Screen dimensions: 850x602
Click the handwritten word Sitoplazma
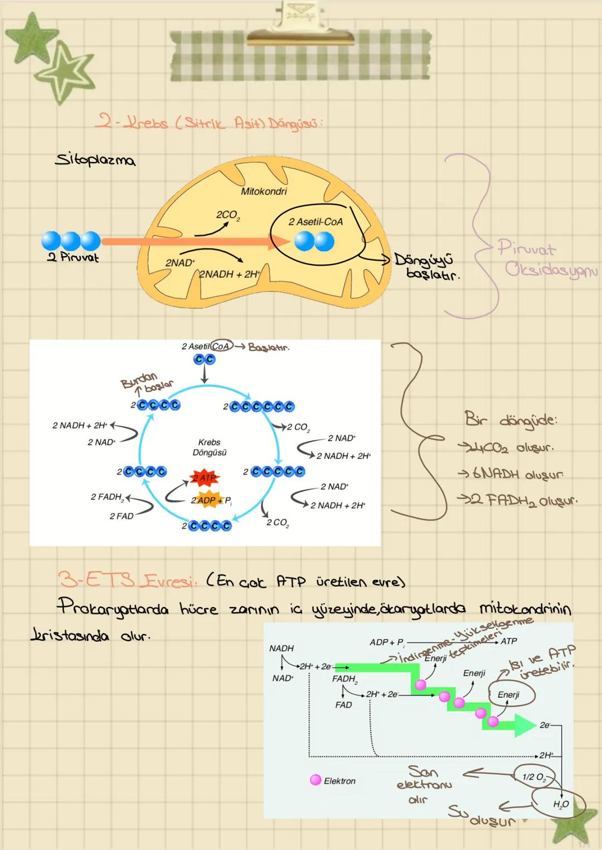tap(95, 160)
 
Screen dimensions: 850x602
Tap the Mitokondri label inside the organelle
tap(264, 192)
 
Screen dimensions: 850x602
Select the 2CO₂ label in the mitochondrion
tap(228, 215)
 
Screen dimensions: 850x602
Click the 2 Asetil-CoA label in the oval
tap(315, 222)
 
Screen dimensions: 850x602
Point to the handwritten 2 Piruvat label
tap(72, 258)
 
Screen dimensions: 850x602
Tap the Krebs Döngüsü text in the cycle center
tap(210, 447)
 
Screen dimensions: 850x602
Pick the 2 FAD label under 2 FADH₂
tap(121, 516)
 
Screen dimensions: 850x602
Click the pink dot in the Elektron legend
tap(315, 780)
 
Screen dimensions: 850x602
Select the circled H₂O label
tap(560, 804)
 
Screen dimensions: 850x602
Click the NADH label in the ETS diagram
tap(281, 648)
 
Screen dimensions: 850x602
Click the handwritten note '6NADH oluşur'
tap(510, 475)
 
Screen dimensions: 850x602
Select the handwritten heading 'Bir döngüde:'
tap(511, 420)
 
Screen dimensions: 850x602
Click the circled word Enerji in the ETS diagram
tap(508, 695)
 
